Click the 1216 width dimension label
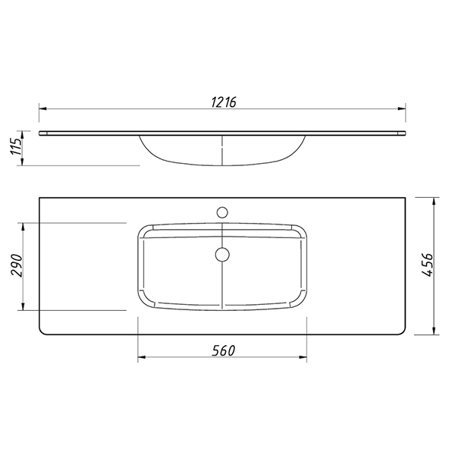pyautogui.click(x=224, y=102)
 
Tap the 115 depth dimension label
pyautogui.click(x=17, y=146)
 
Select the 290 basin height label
pyautogui.click(x=17, y=265)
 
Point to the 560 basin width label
pyautogui.click(x=223, y=350)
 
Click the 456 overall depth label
pyautogui.click(x=427, y=265)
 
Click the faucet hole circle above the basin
pyautogui.click(x=222, y=212)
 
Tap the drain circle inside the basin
pyautogui.click(x=222, y=255)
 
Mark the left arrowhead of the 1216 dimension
pyautogui.click(x=42, y=108)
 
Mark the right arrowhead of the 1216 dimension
pyautogui.click(x=402, y=108)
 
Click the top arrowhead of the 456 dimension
pyautogui.click(x=434, y=202)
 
